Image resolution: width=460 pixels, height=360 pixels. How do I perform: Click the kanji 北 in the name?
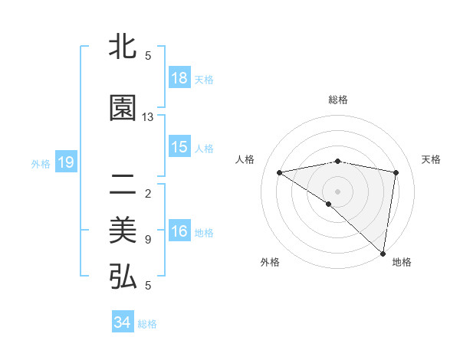(123, 47)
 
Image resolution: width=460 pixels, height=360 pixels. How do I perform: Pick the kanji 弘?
(123, 277)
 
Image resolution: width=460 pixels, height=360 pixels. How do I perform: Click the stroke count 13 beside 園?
(148, 117)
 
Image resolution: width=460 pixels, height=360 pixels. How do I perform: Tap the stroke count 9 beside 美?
(148, 240)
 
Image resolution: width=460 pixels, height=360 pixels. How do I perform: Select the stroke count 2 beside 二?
(148, 193)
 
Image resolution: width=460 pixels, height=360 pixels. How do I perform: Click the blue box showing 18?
(179, 78)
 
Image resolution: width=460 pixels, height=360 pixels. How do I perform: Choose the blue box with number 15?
(179, 147)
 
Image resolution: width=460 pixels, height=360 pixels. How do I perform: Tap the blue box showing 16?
(179, 231)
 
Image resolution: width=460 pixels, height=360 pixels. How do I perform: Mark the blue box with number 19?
(65, 162)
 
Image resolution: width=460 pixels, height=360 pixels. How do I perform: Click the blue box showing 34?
(123, 322)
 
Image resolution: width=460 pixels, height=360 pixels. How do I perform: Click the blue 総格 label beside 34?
(148, 324)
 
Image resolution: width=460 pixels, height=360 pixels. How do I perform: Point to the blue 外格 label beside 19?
(41, 163)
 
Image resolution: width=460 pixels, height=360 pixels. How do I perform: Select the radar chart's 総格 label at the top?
(337, 100)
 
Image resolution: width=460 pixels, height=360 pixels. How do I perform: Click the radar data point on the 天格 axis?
(396, 172)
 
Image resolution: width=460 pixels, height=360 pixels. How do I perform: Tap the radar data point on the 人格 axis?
(279, 172)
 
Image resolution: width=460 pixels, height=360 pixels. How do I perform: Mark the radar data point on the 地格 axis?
(383, 253)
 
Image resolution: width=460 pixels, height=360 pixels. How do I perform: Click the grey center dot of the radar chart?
(337, 191)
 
